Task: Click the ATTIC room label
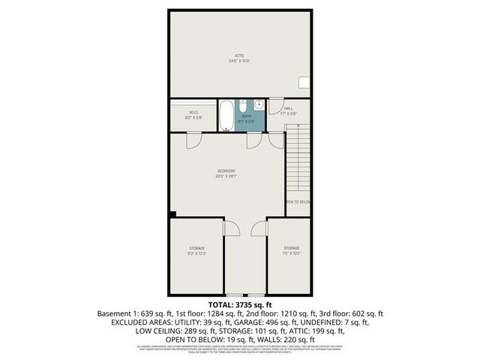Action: point(239,55)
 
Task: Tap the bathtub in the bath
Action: point(226,116)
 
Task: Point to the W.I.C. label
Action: point(193,112)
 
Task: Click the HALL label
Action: point(288,109)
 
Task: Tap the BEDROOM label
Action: point(226,172)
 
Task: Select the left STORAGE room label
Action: point(196,247)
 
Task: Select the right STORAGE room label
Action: point(291,247)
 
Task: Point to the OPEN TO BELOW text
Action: point(298,202)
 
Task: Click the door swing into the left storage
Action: point(231,227)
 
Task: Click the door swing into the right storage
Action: point(259,227)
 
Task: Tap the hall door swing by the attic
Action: point(275,106)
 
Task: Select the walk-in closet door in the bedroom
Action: point(194,140)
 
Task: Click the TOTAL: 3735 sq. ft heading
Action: point(239,304)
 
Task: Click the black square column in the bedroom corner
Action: point(172,214)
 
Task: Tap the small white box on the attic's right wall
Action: point(304,82)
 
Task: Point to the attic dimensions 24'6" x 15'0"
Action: point(239,61)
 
